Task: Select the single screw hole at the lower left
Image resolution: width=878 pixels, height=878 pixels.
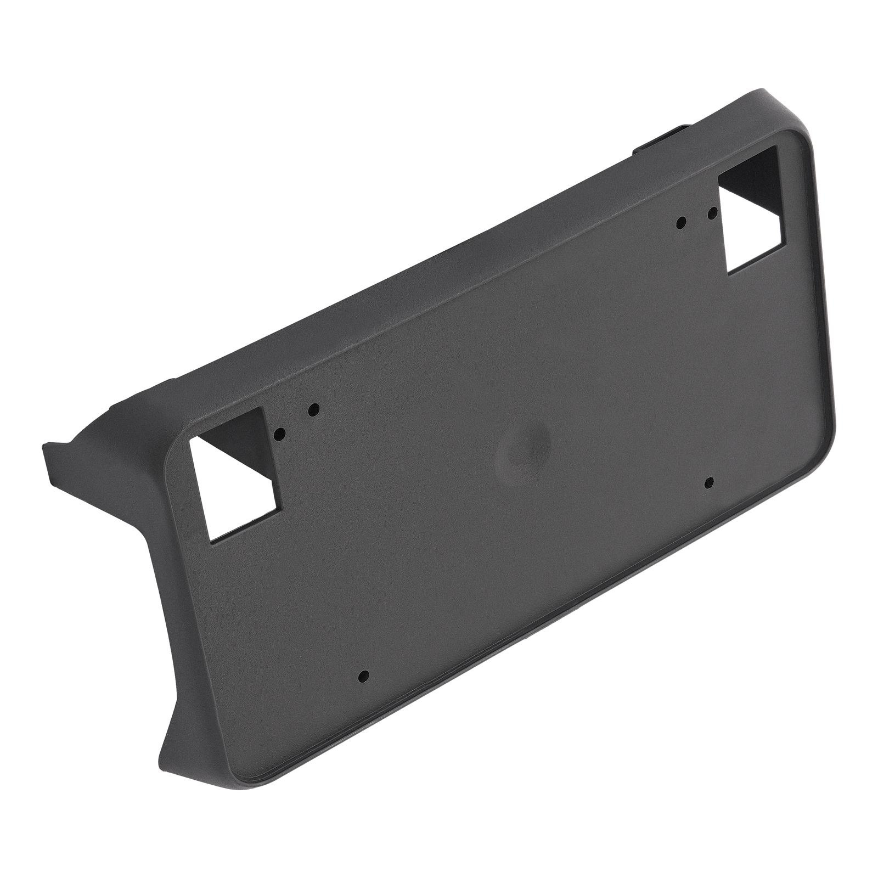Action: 363,676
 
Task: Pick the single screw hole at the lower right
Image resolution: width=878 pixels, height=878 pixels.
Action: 708,482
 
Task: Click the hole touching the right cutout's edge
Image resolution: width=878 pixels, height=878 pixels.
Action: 712,212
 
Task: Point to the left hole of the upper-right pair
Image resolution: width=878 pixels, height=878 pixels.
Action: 681,223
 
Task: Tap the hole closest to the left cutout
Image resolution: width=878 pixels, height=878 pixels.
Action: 279,433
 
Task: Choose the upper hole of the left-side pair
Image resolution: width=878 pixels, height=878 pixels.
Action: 314,409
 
